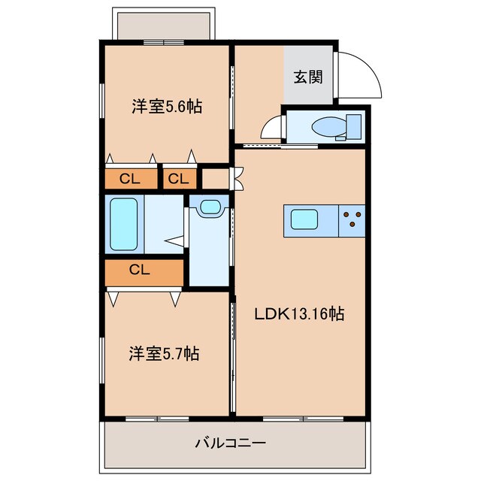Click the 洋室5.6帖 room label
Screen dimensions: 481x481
click(166, 107)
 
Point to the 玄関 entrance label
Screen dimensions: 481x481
click(308, 76)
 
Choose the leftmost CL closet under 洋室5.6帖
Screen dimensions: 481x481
click(131, 179)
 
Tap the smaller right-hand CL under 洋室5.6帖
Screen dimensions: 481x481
click(179, 179)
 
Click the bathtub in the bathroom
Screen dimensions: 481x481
click(124, 223)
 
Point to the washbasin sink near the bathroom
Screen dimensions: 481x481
click(210, 206)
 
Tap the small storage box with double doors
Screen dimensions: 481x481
click(217, 179)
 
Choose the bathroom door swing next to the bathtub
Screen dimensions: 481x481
click(176, 240)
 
